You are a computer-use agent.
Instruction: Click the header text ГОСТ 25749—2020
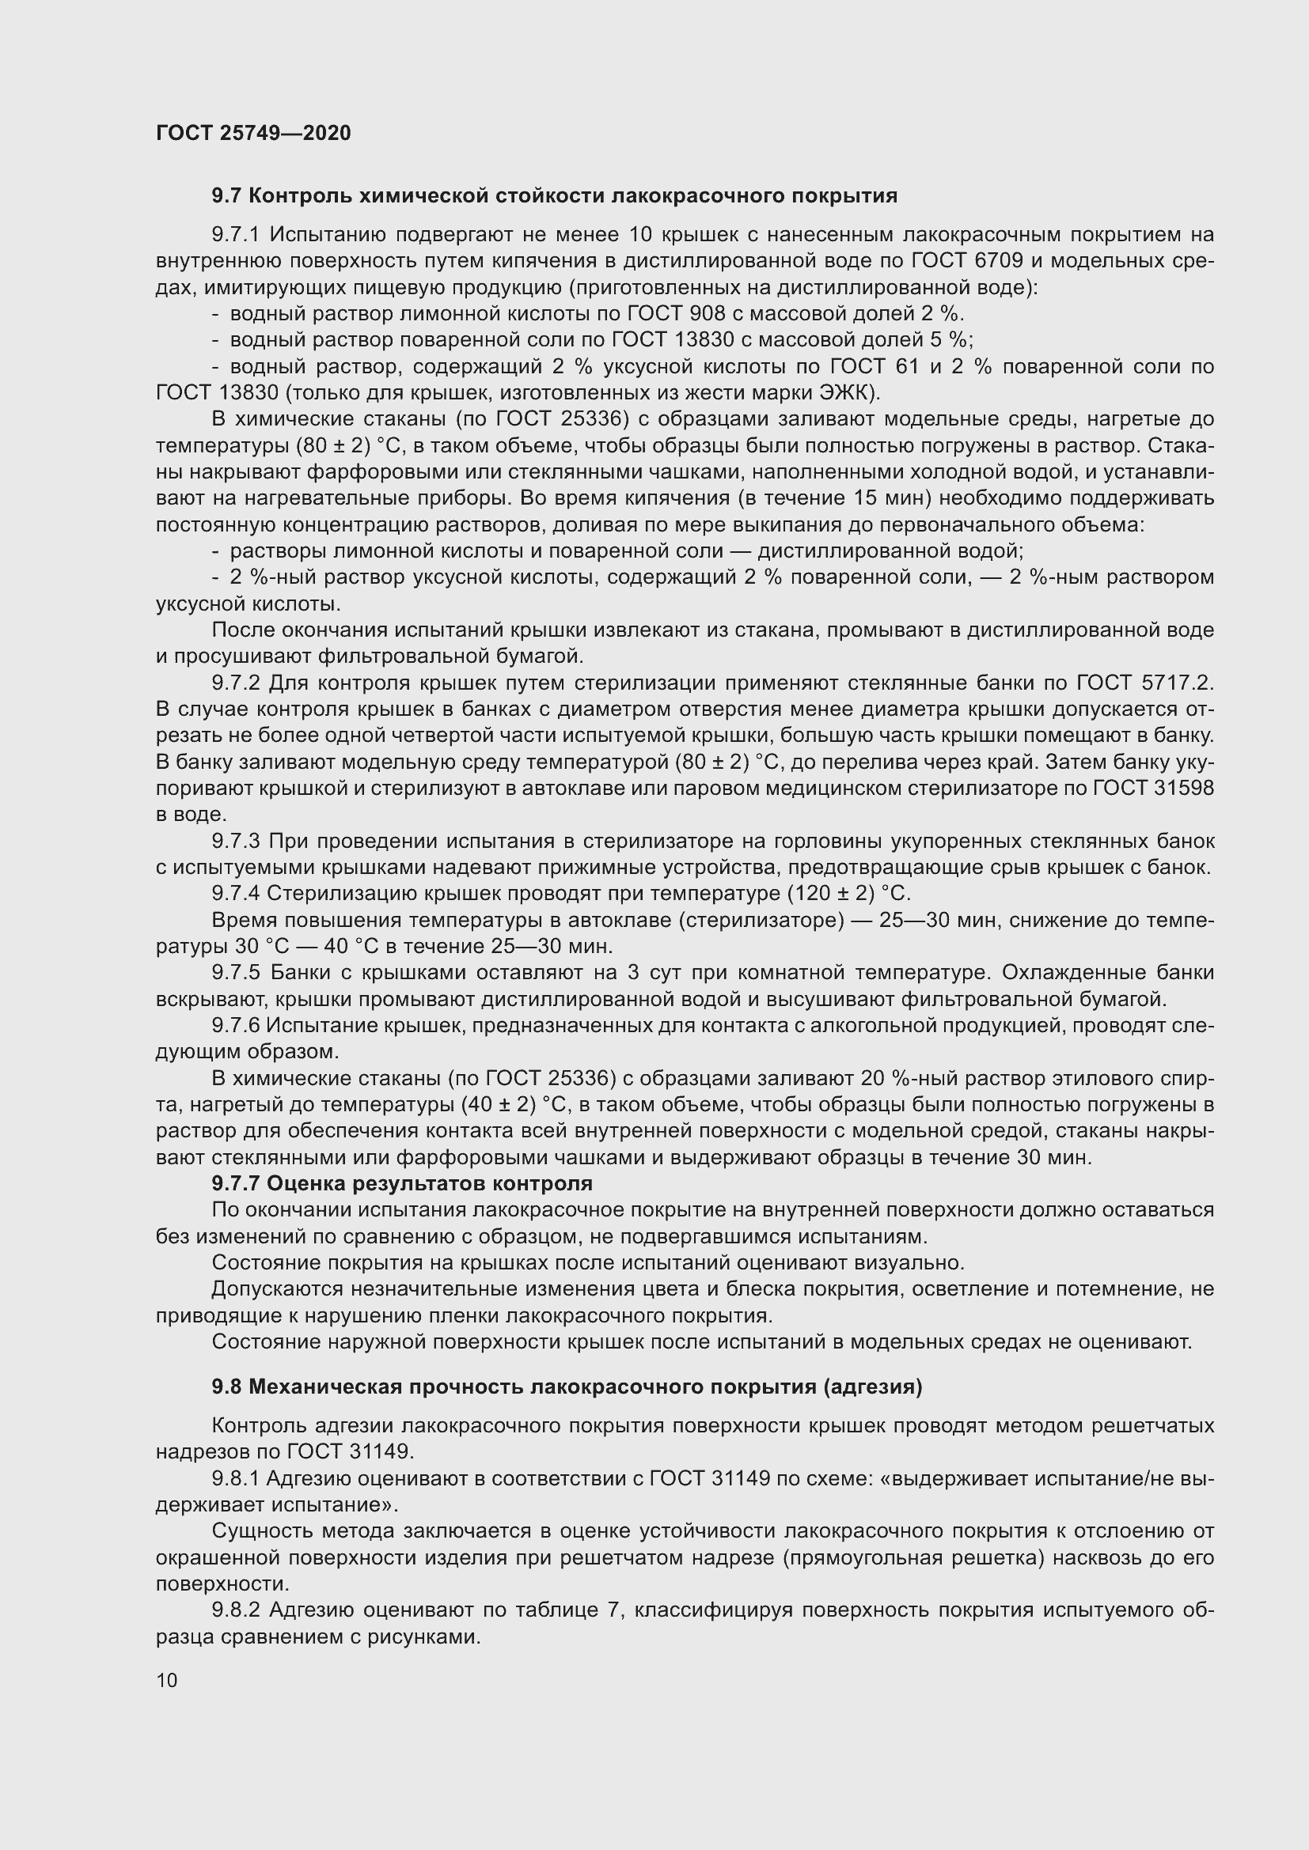(x=253, y=133)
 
